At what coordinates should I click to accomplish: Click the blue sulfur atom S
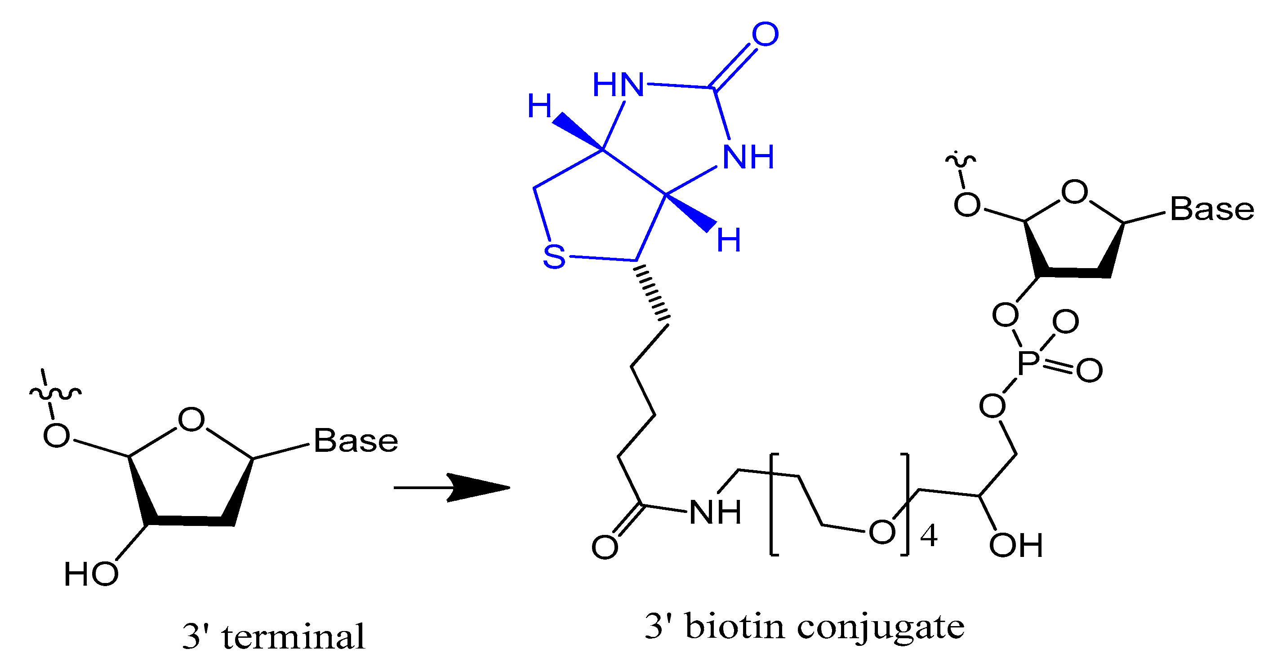pyautogui.click(x=554, y=257)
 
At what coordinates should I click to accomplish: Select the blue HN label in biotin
pyautogui.click(x=618, y=84)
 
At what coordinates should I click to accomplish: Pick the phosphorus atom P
pyautogui.click(x=1028, y=363)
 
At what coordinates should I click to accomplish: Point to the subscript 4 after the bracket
pyautogui.click(x=929, y=536)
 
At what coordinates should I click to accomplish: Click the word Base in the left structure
pyautogui.click(x=356, y=441)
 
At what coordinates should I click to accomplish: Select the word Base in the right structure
pyautogui.click(x=1212, y=209)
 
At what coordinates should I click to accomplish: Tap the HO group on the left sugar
pyautogui.click(x=91, y=574)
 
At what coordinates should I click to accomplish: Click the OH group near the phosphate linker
pyautogui.click(x=1016, y=545)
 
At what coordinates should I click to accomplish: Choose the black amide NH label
pyautogui.click(x=715, y=512)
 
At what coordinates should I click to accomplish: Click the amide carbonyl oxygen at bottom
pyautogui.click(x=605, y=547)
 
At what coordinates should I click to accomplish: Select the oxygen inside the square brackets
pyautogui.click(x=882, y=532)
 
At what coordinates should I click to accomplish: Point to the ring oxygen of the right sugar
pyautogui.click(x=1074, y=191)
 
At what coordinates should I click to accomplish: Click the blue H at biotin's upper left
pyautogui.click(x=539, y=106)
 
